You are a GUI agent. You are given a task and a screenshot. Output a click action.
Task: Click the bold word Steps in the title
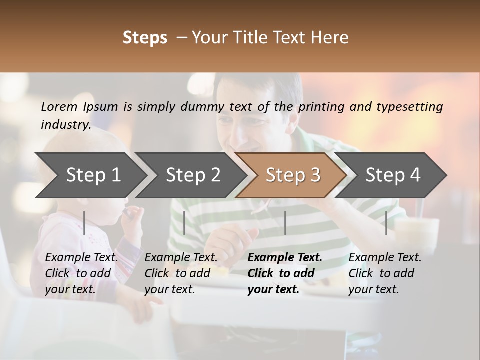145,38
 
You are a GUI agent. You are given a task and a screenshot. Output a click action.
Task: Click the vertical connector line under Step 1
84,223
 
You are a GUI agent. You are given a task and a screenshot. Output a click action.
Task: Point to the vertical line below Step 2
184,223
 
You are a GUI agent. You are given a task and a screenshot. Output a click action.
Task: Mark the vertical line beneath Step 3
285,223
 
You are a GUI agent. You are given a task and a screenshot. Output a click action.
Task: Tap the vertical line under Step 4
386,223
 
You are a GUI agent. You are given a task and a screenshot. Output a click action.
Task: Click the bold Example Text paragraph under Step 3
285,273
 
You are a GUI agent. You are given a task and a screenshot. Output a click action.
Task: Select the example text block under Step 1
81,273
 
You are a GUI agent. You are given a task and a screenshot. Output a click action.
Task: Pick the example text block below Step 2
181,273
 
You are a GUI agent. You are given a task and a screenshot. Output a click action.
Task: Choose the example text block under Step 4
385,273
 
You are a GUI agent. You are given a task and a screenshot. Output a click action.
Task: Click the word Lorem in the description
59,106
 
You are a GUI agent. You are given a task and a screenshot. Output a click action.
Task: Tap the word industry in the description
66,125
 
